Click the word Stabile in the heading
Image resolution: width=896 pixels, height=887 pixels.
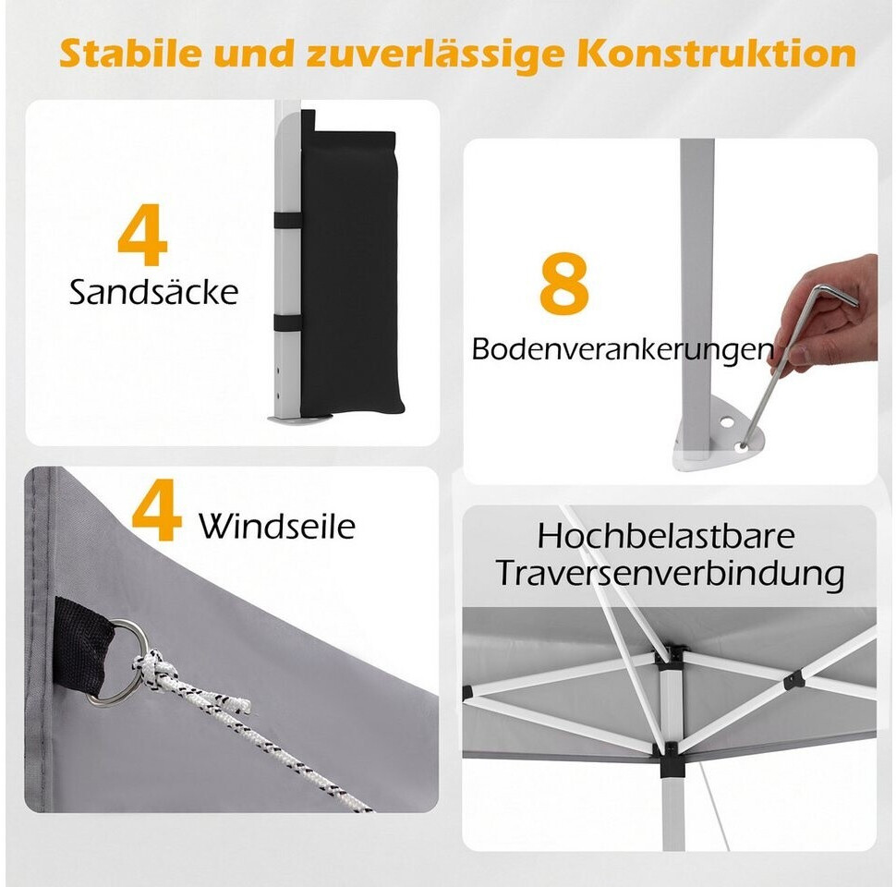pos(131,54)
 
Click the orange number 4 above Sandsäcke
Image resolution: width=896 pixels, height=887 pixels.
pos(142,235)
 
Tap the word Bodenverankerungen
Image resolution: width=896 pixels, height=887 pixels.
pos(623,348)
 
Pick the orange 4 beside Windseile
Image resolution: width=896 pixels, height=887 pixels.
pos(157,510)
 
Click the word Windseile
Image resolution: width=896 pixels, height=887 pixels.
pos(276,525)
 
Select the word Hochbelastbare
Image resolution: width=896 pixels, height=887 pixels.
pos(666,536)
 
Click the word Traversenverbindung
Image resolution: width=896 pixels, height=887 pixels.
pos(670,573)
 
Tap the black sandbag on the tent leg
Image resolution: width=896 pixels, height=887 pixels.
pos(349,269)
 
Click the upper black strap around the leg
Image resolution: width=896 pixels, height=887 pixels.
pos(287,221)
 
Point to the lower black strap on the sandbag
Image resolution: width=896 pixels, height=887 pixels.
pos(287,322)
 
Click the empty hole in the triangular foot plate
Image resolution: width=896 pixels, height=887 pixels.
pos(728,423)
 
